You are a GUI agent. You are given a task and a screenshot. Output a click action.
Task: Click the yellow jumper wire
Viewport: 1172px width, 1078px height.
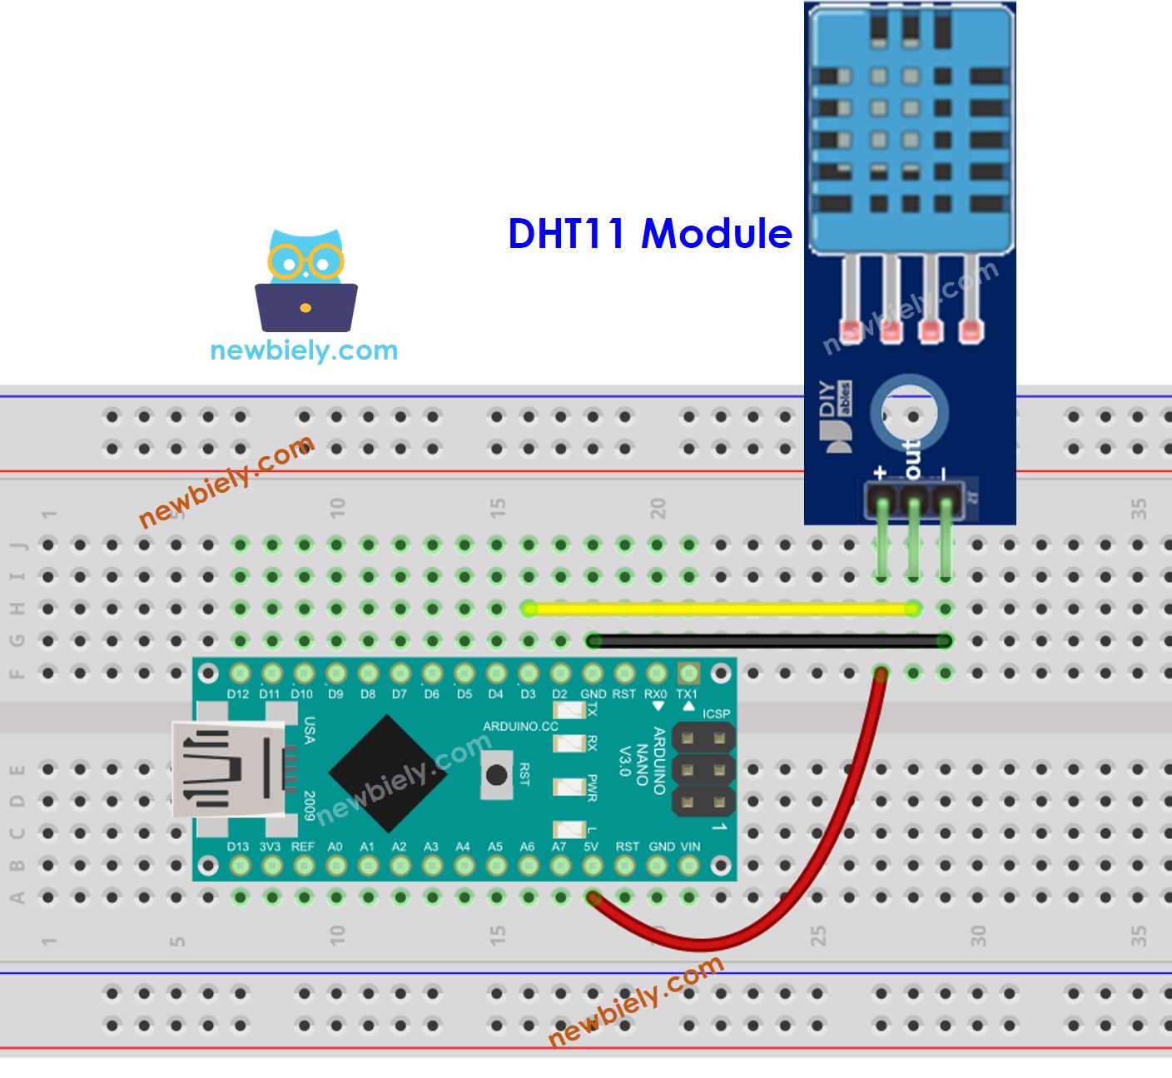pos(720,609)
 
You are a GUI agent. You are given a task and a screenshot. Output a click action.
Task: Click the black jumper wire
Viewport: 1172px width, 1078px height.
pos(766,641)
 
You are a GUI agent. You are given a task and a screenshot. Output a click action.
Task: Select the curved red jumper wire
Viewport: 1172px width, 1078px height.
pos(799,882)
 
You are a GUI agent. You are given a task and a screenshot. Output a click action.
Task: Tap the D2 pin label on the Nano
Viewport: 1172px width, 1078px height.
pos(559,694)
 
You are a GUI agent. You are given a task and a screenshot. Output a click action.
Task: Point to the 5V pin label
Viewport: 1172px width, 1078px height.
pos(591,847)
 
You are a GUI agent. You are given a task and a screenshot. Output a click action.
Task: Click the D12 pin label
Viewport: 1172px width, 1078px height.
pos(238,694)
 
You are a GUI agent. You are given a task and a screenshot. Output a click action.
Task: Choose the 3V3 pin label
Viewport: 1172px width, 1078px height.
pos(270,847)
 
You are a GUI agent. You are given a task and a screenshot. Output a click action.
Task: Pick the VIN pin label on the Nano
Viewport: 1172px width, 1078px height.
pos(690,847)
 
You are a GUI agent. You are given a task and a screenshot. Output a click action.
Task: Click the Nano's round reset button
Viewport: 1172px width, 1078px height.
pos(497,775)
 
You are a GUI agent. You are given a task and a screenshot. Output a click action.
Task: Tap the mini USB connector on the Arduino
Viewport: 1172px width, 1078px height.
pos(229,768)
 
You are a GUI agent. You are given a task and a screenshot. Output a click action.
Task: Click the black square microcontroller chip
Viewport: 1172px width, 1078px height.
pos(388,773)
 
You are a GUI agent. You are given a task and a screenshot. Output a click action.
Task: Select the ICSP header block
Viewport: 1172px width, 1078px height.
pos(703,770)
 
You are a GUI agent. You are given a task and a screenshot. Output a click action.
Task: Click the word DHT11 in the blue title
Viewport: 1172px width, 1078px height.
pos(566,234)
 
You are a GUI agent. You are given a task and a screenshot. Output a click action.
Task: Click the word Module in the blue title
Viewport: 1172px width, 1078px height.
pos(717,234)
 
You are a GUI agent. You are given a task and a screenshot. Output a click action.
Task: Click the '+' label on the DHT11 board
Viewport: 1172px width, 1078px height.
pos(881,473)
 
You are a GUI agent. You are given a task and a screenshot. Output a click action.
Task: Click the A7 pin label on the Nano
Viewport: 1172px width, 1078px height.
pos(559,847)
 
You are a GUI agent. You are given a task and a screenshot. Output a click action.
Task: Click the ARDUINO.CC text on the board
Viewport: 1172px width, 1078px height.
pos(521,727)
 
